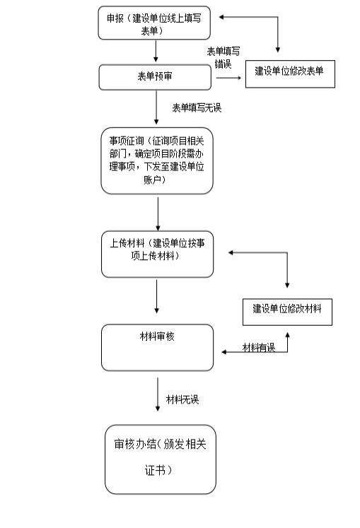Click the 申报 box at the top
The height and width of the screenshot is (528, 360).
[154, 23]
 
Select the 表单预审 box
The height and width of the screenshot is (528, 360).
[155, 78]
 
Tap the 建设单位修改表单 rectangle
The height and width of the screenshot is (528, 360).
[290, 74]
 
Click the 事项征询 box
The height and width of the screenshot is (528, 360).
[157, 160]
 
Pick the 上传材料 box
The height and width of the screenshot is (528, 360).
[157, 254]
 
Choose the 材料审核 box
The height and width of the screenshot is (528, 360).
[157, 348]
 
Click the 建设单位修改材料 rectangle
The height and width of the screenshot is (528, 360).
[287, 312]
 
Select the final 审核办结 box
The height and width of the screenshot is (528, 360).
[161, 459]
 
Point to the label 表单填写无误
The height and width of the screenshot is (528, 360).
[197, 107]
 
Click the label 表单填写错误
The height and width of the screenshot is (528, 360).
[223, 57]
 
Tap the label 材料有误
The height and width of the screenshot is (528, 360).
[259, 348]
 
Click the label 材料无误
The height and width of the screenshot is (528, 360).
[182, 399]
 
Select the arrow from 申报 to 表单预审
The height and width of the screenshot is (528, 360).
[156, 51]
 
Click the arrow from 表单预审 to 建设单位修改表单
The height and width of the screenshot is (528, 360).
[229, 78]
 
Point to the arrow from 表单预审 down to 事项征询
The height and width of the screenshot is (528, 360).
[156, 107]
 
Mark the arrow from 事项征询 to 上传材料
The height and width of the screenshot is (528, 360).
[158, 214]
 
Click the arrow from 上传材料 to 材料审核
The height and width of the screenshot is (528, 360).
[156, 297]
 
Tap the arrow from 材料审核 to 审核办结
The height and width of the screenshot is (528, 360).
[158, 394]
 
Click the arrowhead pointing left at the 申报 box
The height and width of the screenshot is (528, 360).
[221, 17]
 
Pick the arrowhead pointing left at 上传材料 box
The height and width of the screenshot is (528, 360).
[231, 252]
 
